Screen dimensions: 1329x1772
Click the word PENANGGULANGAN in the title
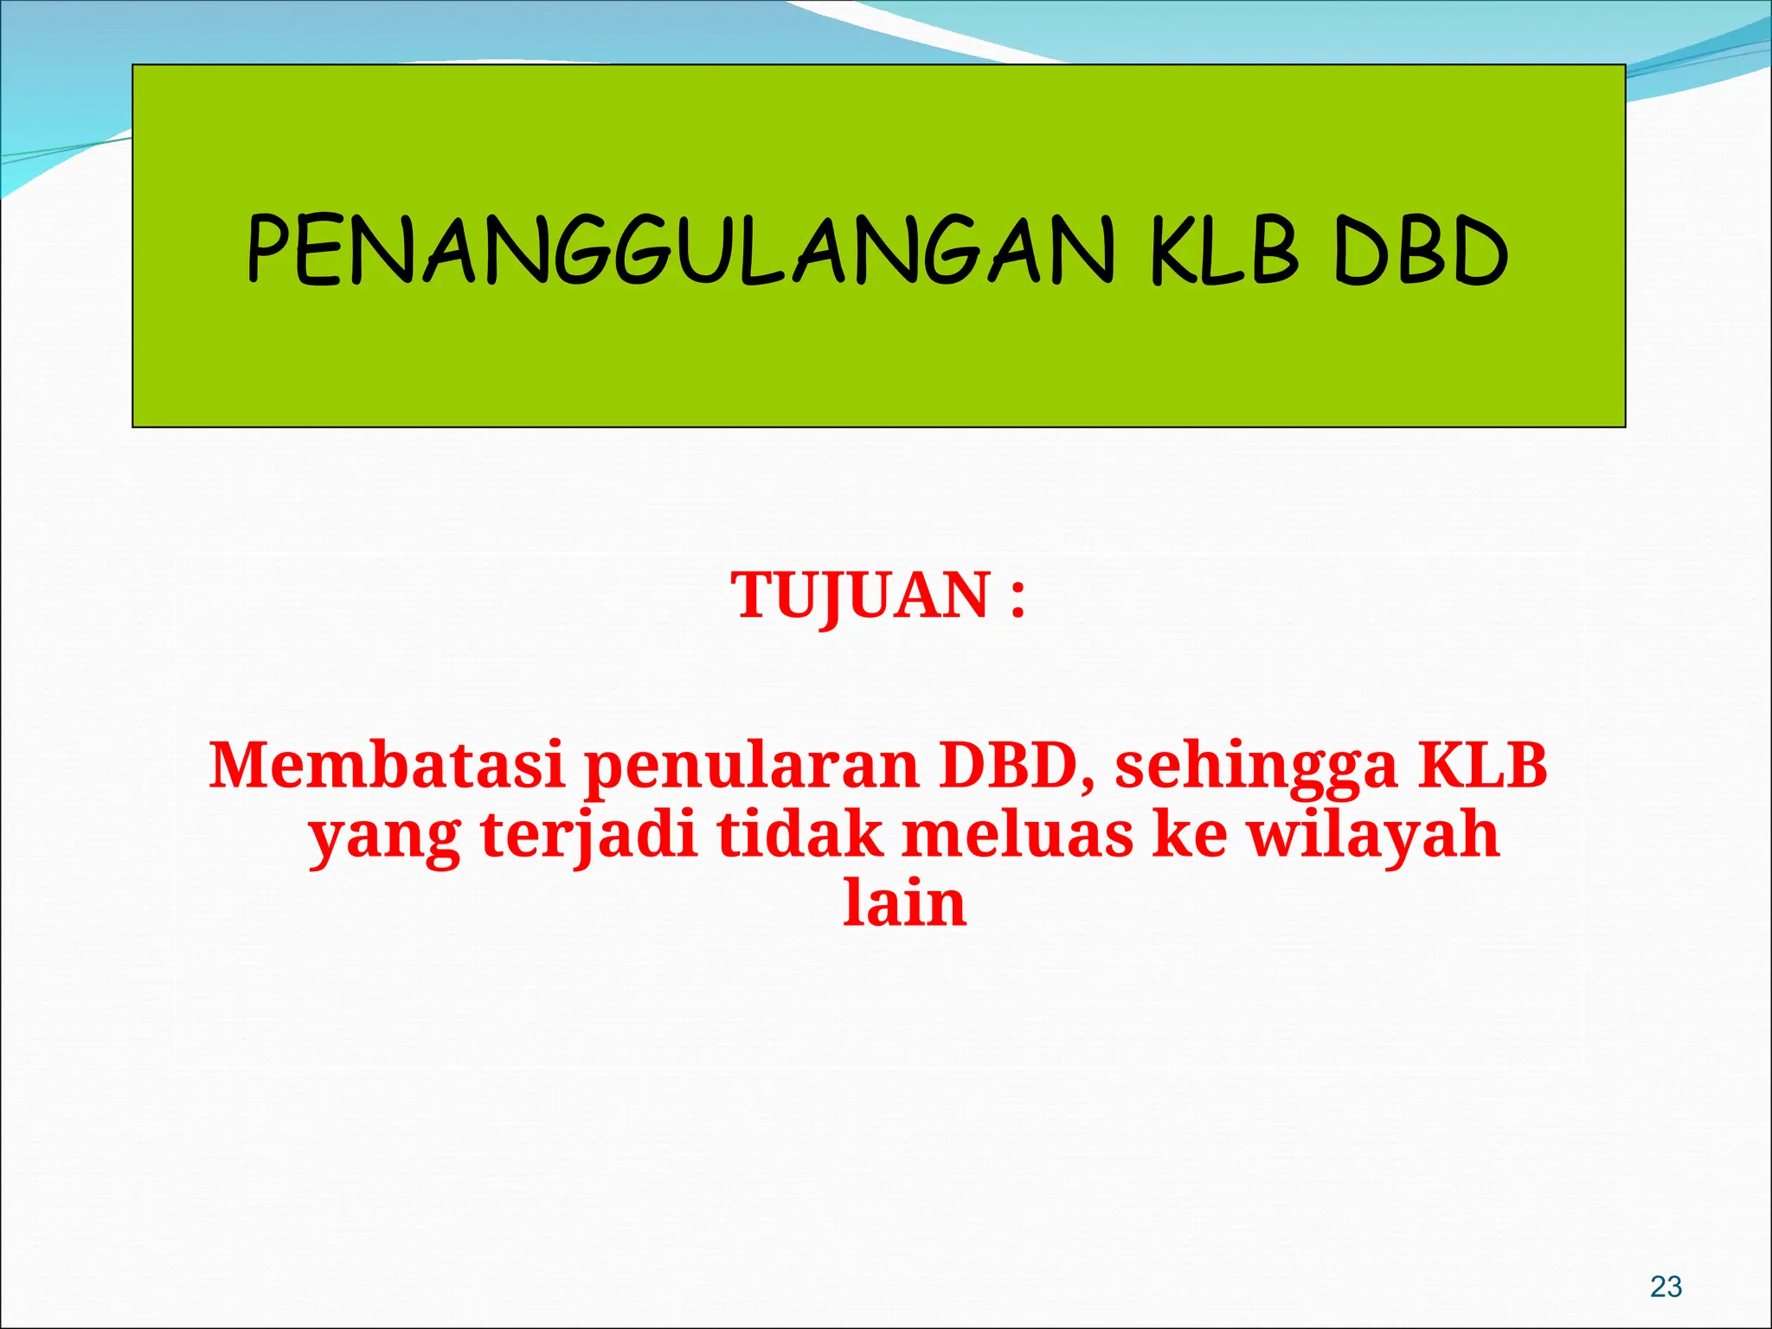[680, 251]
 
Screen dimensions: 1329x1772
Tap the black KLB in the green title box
[1223, 251]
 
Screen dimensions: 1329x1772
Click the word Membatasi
[388, 765]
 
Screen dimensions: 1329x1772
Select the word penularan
[751, 767]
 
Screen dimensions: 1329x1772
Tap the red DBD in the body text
[1006, 765]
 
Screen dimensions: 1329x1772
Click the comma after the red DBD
[1087, 782]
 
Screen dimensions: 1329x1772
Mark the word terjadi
[589, 836]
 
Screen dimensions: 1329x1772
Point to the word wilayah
[1373, 836]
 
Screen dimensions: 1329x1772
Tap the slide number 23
[1666, 1287]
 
